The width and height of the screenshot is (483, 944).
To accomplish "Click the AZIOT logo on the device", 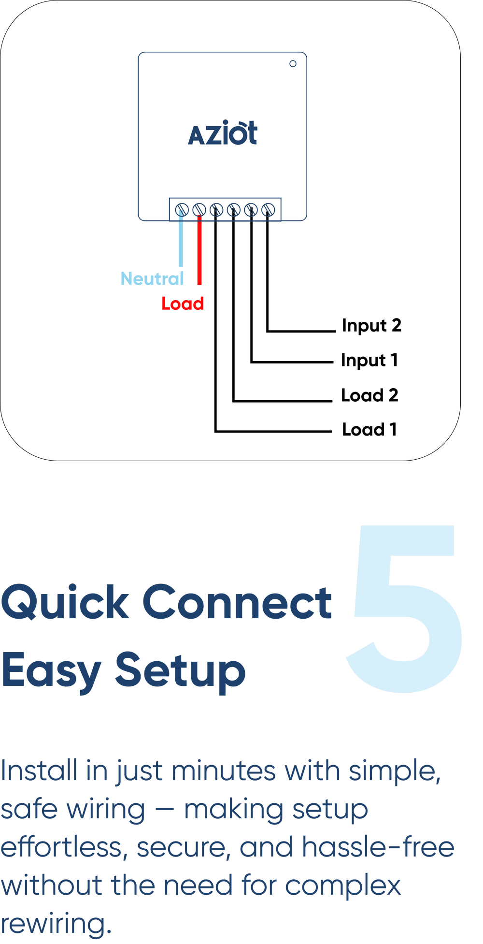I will (223, 134).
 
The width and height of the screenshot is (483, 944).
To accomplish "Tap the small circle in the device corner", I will (293, 64).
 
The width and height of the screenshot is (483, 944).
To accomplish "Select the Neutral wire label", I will (152, 279).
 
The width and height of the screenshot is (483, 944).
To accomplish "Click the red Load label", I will (183, 304).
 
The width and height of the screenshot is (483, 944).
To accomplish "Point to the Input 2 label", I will (371, 326).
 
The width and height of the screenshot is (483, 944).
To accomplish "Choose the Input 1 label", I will (369, 361).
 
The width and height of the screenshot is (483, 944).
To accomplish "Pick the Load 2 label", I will (369, 395).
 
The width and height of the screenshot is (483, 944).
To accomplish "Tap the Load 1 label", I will (369, 430).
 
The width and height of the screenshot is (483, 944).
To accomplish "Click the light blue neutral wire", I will (181, 242).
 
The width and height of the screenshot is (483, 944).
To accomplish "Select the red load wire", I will (199, 251).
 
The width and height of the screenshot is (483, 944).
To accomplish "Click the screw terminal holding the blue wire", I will (182, 210).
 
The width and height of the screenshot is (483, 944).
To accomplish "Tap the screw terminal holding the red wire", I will (199, 210).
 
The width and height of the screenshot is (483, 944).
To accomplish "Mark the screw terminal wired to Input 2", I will (268, 210).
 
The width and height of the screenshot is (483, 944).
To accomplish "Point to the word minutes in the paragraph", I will (224, 771).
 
